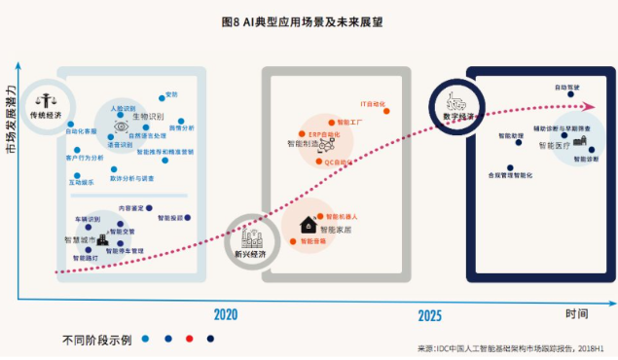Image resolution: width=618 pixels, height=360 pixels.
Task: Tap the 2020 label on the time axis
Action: pos(226,314)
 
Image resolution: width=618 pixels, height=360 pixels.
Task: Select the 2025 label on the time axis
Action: pos(430,315)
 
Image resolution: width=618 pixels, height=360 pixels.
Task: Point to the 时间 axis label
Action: pos(576,313)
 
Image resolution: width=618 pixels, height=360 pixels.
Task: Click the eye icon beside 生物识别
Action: pos(122,126)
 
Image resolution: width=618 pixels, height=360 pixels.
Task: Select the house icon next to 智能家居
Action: pos(308,223)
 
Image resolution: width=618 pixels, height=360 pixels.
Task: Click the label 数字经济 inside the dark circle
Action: pos(458,116)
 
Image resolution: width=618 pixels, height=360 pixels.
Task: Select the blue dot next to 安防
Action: pos(161,95)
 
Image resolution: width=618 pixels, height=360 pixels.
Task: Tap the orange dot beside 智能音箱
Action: pos(296,239)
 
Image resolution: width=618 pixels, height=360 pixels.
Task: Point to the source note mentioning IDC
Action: pos(517,347)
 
